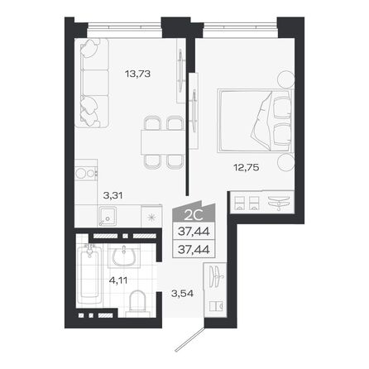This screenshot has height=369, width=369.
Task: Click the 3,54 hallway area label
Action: tap(181, 291)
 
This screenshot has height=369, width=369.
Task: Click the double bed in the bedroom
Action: tap(252, 120)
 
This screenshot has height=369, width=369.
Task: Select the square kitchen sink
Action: tap(107, 217)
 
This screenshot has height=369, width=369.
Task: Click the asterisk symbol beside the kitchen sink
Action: tap(150, 218)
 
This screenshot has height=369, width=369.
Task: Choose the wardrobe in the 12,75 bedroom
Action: tap(261, 201)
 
